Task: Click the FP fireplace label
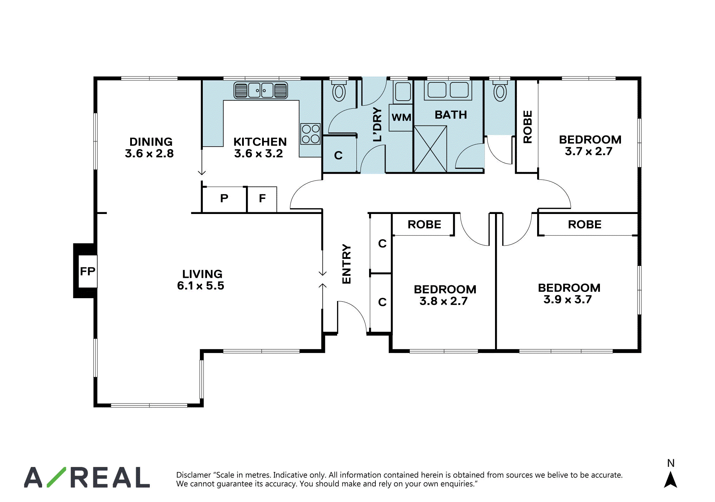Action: (87, 271)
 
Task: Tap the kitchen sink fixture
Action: (261, 90)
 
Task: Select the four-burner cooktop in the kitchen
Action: (310, 134)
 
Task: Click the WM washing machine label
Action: (401, 117)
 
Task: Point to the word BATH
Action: (451, 115)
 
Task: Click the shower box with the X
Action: (430, 149)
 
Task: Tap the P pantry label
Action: (224, 198)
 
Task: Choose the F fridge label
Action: (262, 198)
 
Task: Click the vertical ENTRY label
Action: (347, 264)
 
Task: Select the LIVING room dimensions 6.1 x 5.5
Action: (201, 286)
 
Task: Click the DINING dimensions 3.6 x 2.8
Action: (149, 153)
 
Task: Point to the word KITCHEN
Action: (260, 142)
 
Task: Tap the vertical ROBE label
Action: (528, 127)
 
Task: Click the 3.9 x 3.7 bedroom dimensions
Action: (568, 299)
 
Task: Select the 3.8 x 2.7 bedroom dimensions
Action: (444, 301)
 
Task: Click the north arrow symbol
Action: (670, 479)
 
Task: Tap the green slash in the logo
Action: (56, 477)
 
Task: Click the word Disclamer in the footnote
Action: (193, 475)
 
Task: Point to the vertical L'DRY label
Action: (377, 125)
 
